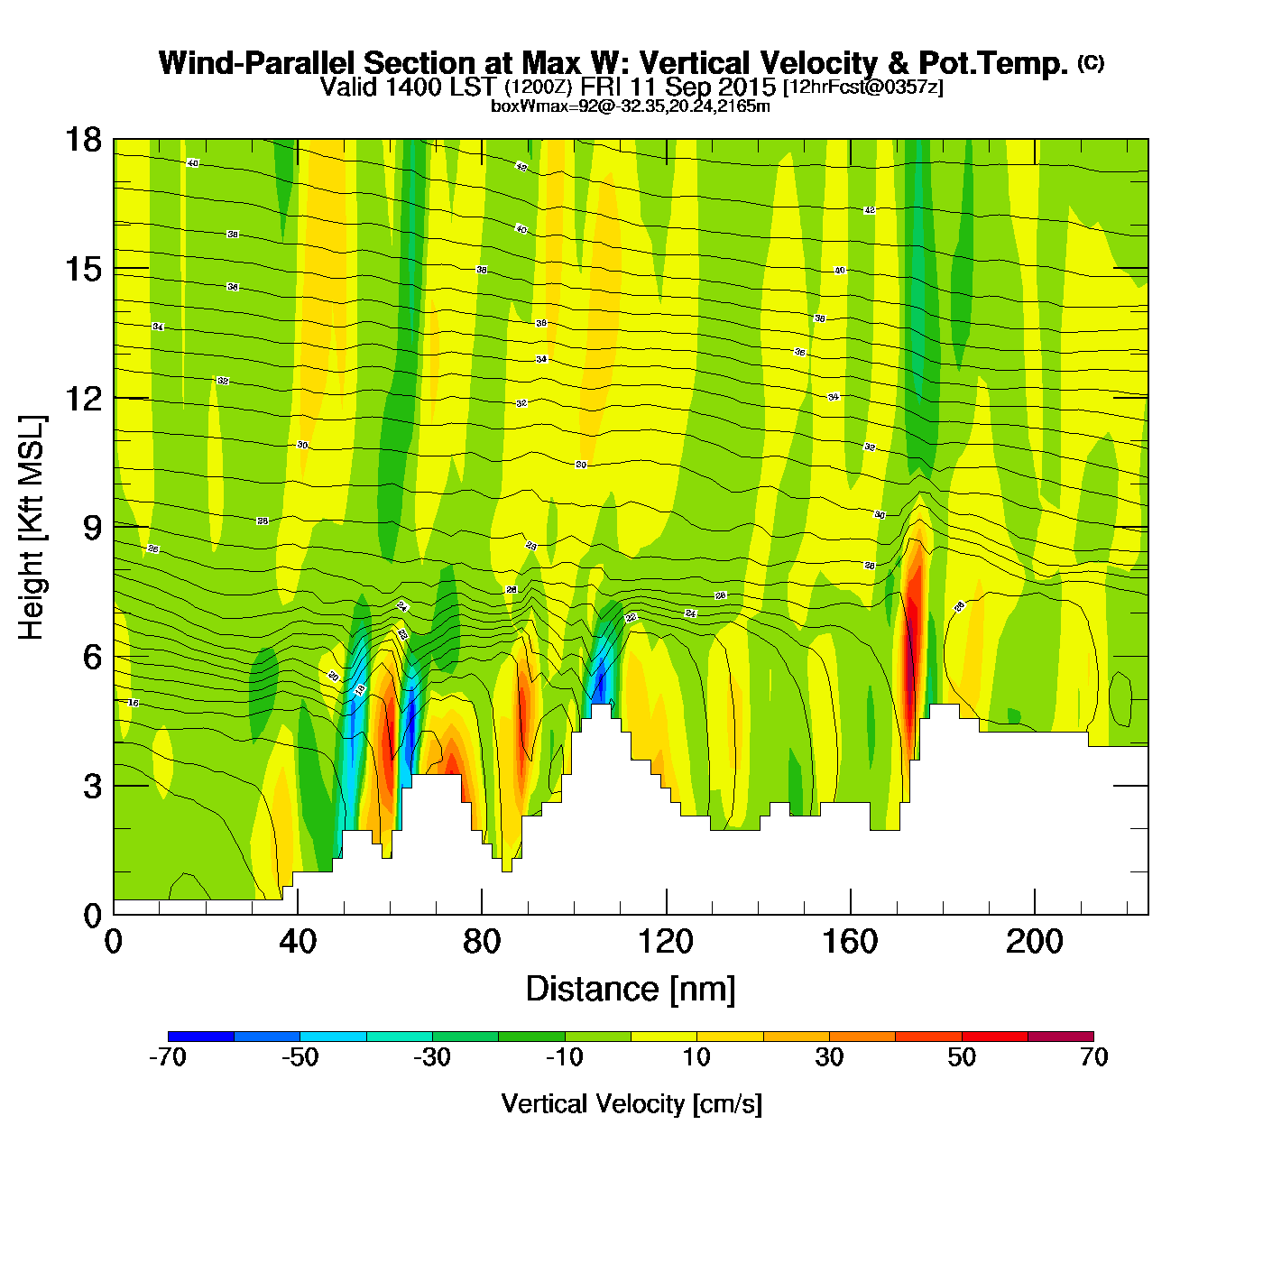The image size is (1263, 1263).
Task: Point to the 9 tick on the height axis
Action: pos(92,528)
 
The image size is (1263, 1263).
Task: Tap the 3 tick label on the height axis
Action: pos(92,786)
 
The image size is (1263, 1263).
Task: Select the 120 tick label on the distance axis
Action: pos(666,942)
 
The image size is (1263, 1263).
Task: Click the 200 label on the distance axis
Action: pos(1034,942)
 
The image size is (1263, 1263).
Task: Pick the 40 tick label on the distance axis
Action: pos(298,942)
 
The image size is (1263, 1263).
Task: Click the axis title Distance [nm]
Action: pos(631,989)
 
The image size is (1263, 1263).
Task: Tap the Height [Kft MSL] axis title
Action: pos(32,528)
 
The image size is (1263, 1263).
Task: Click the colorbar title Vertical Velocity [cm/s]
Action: pos(631,1103)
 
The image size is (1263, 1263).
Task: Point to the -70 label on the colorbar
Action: pos(168,1057)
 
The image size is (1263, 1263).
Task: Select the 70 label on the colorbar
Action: pos(1093,1057)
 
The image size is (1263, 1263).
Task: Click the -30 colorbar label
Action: pos(432,1057)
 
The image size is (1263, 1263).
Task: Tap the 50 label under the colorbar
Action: pos(962,1057)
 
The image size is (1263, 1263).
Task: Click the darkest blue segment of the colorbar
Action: pos(201,1037)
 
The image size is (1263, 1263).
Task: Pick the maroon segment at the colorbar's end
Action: pos(1061,1037)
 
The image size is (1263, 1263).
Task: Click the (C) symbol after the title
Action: pos(1091,62)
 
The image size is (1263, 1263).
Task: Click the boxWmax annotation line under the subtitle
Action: pos(630,106)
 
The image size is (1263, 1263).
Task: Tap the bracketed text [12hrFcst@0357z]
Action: pos(863,88)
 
